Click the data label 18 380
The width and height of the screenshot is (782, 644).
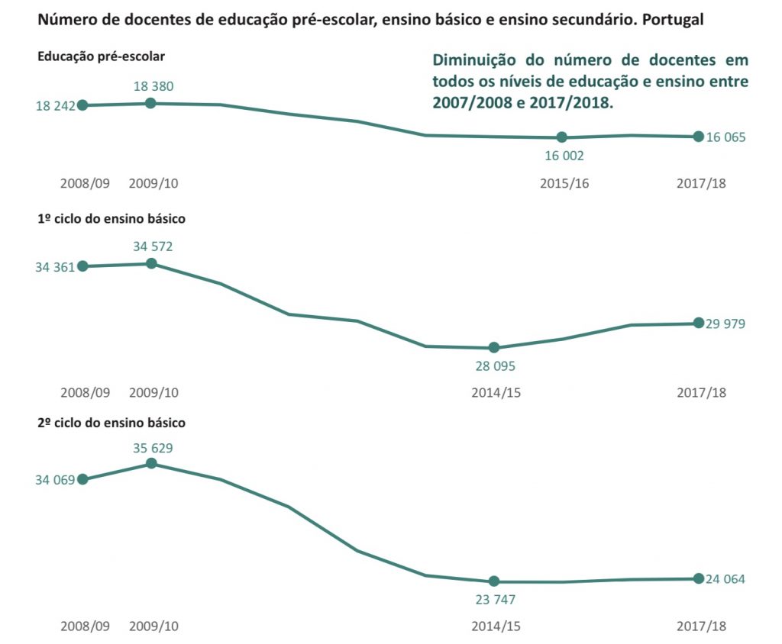pos(153,86)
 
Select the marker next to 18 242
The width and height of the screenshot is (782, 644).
pos(82,105)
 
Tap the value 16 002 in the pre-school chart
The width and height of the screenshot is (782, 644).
pos(564,156)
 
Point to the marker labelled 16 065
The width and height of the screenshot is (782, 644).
pos(699,136)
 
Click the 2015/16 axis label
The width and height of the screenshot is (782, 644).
pos(564,183)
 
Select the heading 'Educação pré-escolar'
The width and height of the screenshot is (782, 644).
pos(102,56)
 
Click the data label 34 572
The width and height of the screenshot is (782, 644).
pos(153,246)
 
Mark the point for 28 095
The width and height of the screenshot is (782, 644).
pos(494,347)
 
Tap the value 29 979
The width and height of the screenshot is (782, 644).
pos(725,324)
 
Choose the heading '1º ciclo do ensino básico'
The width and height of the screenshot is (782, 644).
pos(111,219)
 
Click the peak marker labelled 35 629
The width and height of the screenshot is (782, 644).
pos(152,464)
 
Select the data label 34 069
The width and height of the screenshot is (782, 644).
pos(55,480)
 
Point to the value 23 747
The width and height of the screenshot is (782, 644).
pos(495,600)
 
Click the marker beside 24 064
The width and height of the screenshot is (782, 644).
pos(699,578)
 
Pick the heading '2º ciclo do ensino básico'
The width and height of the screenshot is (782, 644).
pos(111,423)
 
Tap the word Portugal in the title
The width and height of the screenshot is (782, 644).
pos(673,20)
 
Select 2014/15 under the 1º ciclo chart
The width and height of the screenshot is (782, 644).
pos(496,393)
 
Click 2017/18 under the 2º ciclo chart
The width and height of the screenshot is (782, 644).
pos(701,626)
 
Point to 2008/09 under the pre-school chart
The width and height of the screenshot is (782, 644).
pos(85,183)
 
